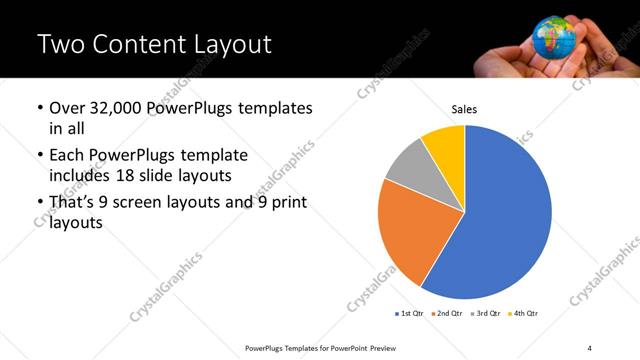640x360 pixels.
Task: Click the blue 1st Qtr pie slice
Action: (505, 220)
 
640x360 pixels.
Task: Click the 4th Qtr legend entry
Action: (523, 314)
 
